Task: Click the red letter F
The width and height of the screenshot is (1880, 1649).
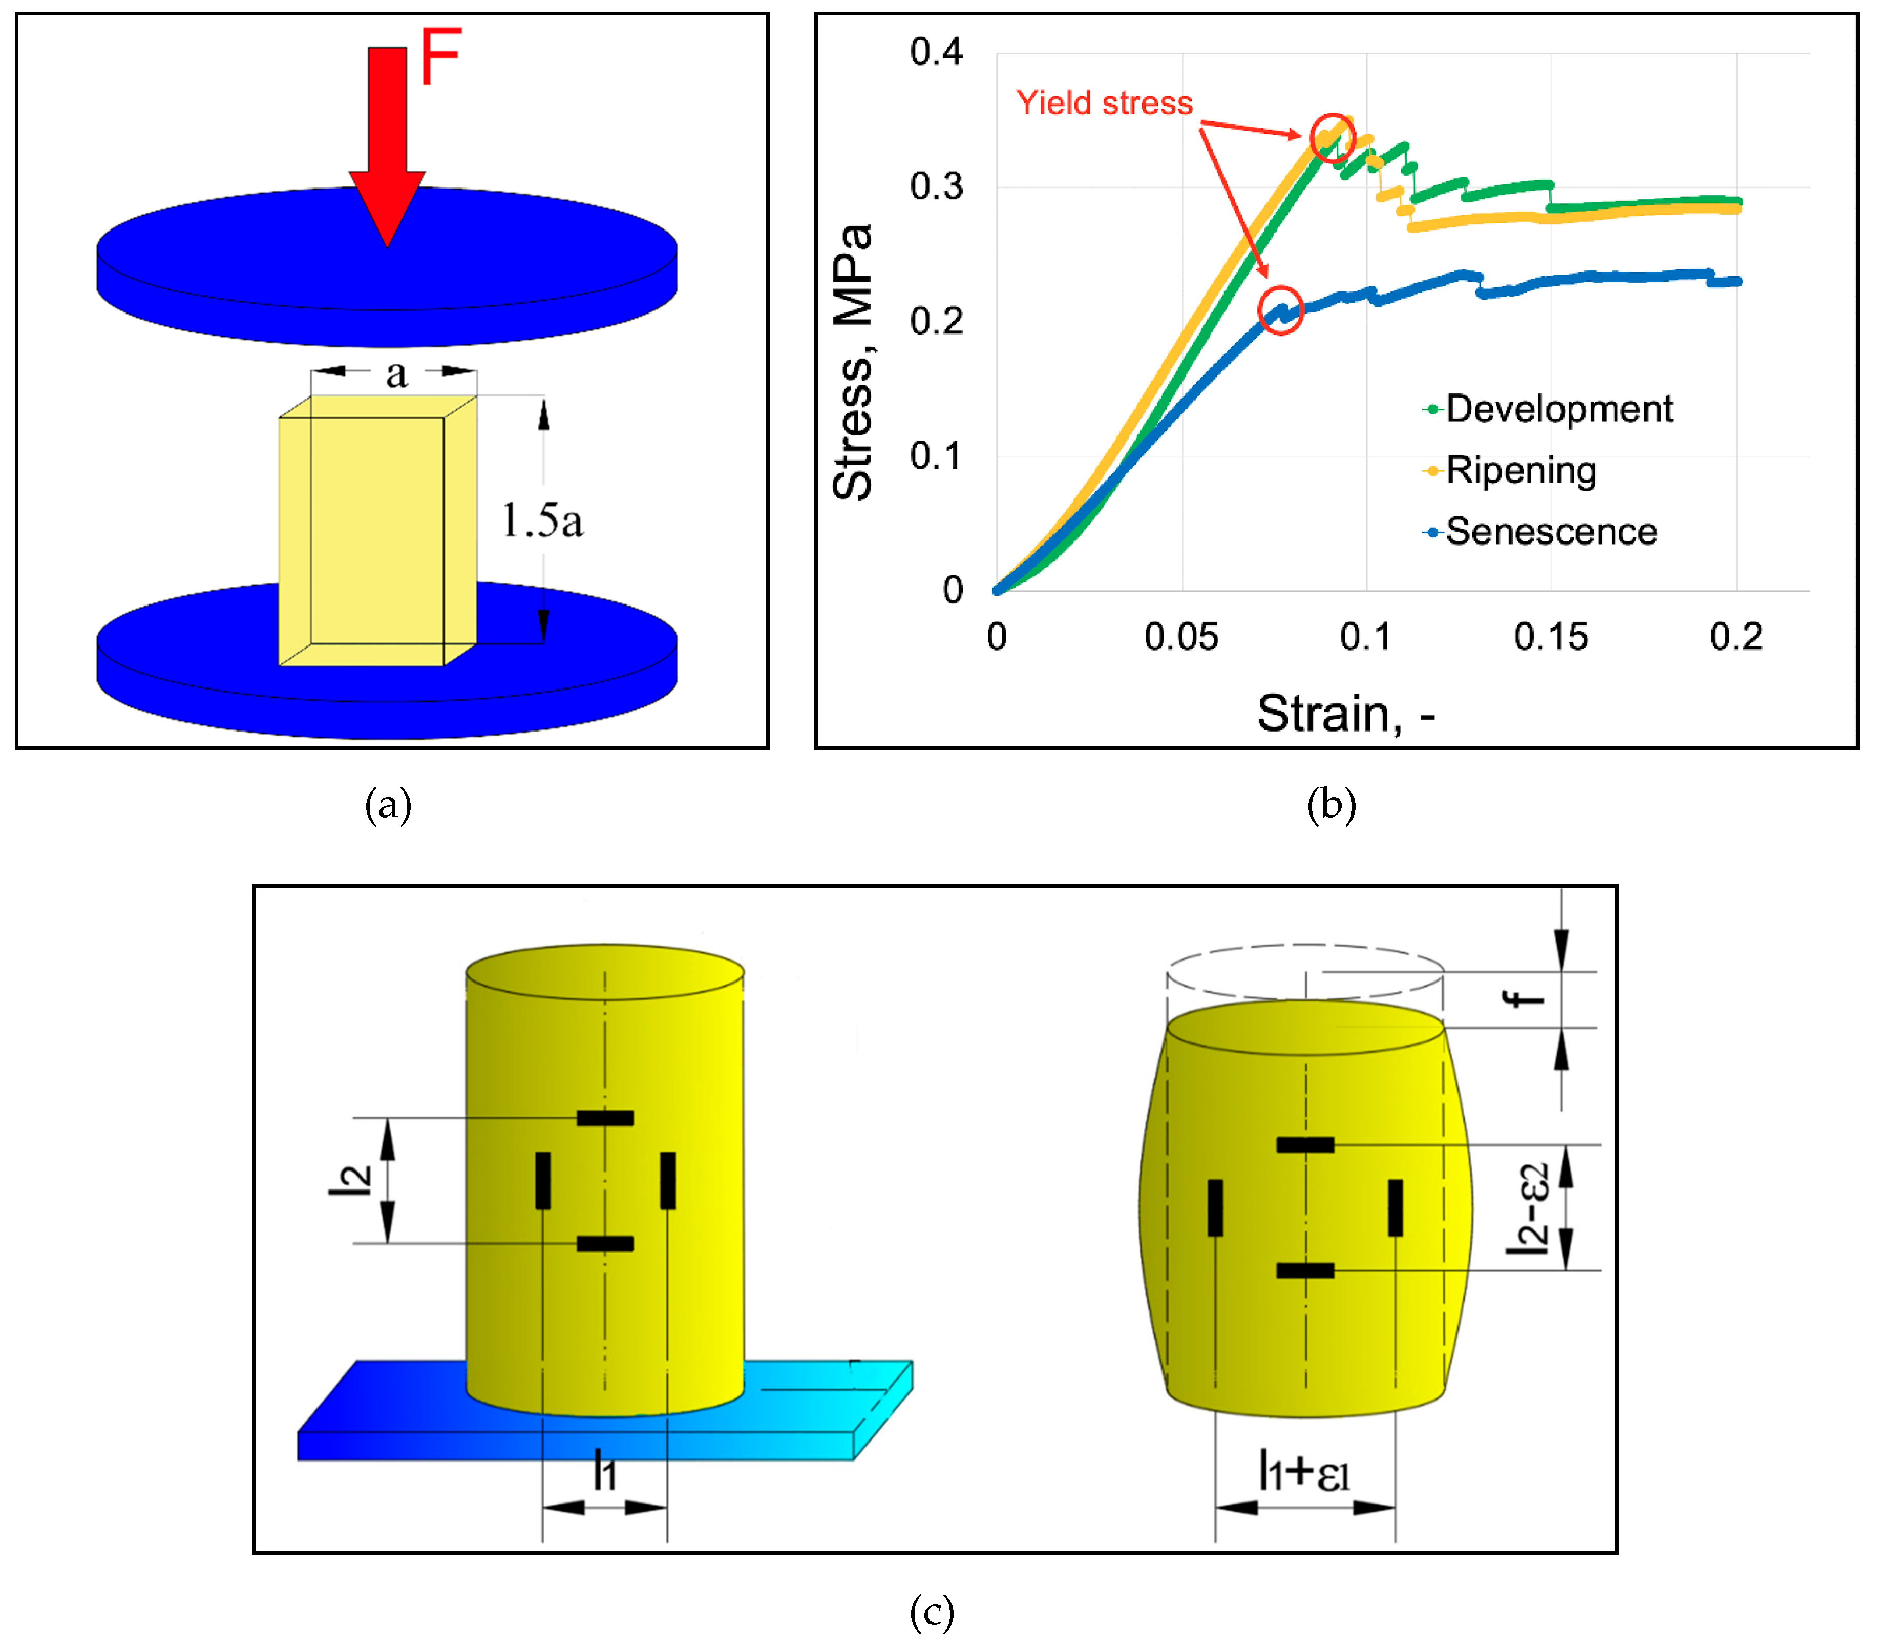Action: click(439, 57)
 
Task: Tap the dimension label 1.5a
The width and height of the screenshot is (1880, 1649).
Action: click(542, 521)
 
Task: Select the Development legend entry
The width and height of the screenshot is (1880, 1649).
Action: click(1558, 409)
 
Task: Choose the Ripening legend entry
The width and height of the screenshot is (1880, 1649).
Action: click(1520, 470)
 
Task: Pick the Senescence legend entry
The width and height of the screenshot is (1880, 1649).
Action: click(1551, 532)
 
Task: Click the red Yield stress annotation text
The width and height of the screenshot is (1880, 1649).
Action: click(1104, 103)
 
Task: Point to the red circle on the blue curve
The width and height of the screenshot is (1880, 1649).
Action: click(1280, 309)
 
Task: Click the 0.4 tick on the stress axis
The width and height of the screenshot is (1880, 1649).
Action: click(936, 52)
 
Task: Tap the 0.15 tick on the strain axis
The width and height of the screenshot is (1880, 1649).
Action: click(1551, 637)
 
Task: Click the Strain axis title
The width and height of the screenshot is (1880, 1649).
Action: click(1346, 714)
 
